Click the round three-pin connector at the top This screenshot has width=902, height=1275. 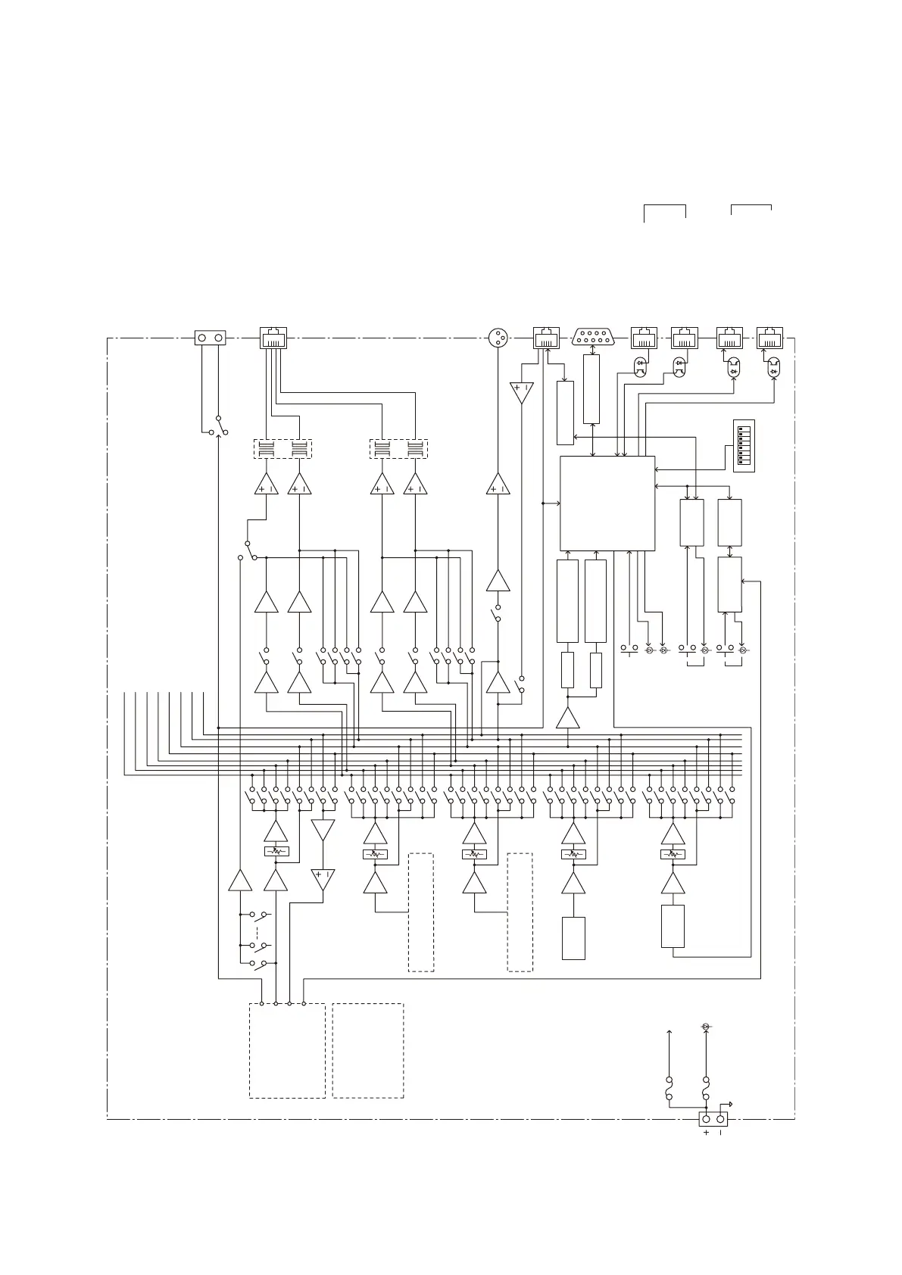pos(498,338)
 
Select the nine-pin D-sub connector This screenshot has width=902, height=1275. pos(593,338)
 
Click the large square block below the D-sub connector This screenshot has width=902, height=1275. pos(607,503)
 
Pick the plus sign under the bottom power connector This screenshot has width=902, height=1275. pos(706,1133)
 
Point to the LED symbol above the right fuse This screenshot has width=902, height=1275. pos(706,1026)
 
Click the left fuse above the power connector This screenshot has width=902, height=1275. pos(669,1090)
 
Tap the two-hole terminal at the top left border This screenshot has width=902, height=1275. pos(211,338)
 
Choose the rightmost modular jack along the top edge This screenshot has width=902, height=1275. pos(769,338)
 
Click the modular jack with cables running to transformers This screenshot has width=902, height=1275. pos(273,338)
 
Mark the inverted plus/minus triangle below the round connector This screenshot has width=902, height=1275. pos(521,392)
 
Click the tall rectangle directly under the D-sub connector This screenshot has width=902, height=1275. pos(591,389)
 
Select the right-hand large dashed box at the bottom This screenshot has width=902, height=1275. pos(368,1050)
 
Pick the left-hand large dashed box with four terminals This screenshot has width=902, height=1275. pos(287,1050)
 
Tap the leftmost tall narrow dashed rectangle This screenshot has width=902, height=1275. pos(421,912)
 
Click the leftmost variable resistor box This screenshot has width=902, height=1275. pos(276,852)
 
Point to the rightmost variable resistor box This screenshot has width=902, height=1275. pos(673,854)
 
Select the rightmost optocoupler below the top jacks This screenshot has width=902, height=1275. pos(773,369)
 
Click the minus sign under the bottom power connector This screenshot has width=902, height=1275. pos(720,1133)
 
